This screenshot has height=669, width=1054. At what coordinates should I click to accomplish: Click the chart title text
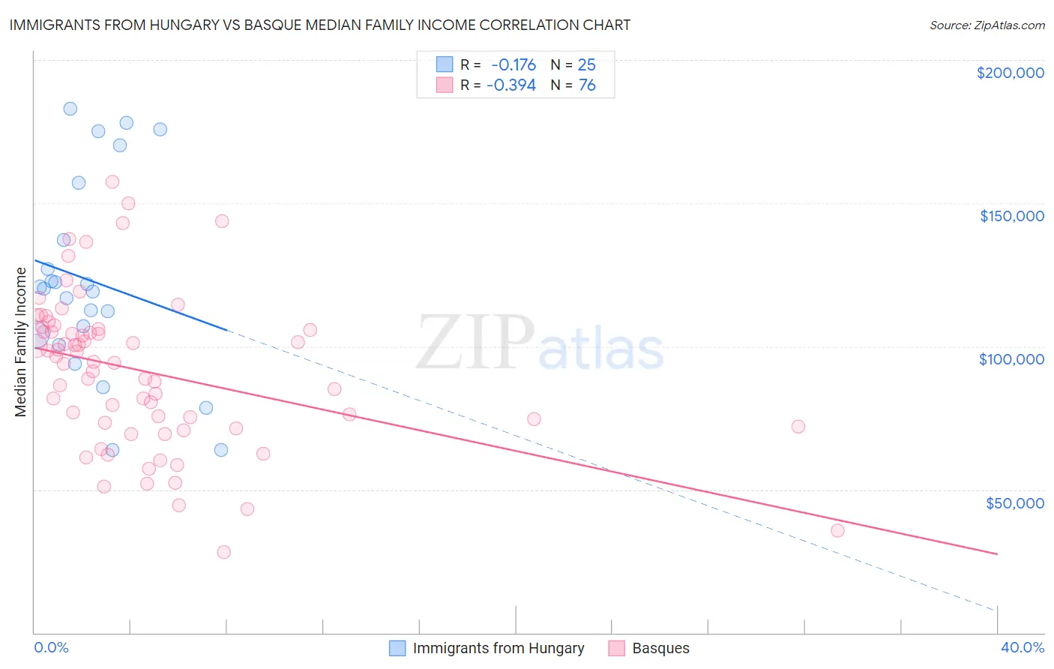[x=320, y=25]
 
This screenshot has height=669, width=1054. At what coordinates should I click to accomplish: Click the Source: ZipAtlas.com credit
[x=987, y=25]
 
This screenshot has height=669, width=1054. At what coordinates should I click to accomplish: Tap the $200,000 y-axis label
[x=1010, y=73]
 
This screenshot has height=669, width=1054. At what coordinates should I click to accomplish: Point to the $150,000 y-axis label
[x=1011, y=216]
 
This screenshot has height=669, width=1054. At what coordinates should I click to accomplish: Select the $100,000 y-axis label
[x=1011, y=359]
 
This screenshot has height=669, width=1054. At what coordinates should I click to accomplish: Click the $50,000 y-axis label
[x=1014, y=503]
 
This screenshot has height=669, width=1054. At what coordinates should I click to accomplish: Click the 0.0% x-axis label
[x=51, y=647]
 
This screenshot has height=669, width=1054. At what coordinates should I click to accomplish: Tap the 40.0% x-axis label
[x=1022, y=647]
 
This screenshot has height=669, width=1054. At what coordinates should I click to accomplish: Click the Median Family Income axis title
[x=21, y=342]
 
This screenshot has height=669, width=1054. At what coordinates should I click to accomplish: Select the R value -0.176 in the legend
[x=514, y=64]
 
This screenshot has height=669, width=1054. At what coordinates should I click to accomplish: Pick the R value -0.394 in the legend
[x=511, y=85]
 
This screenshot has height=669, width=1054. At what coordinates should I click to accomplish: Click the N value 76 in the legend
[x=587, y=85]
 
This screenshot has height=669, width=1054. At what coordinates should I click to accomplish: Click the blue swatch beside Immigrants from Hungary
[x=397, y=648]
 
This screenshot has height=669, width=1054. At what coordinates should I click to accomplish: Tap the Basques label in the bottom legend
[x=660, y=648]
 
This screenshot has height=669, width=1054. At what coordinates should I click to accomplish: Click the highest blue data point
[x=70, y=109]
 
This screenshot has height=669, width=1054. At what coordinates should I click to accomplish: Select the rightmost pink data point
[x=837, y=531]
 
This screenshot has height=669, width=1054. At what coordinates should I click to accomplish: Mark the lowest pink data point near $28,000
[x=223, y=552]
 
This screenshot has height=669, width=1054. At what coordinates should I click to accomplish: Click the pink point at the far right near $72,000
[x=798, y=427]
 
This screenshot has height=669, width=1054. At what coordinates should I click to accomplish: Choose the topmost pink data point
[x=112, y=181]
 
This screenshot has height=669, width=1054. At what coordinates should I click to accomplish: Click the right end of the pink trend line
[x=997, y=553]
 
